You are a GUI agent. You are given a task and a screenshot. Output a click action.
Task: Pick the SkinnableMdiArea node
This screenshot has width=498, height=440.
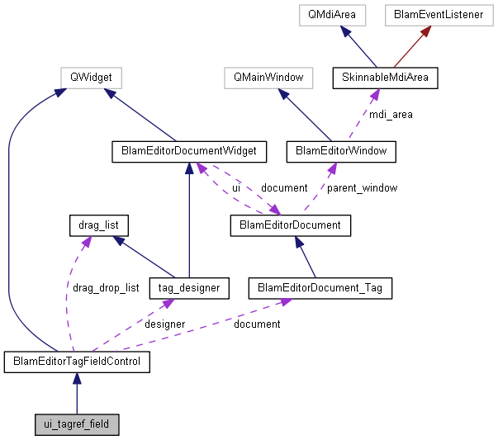pos(385,78)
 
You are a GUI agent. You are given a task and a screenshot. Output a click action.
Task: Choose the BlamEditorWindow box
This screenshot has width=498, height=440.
pos(340,151)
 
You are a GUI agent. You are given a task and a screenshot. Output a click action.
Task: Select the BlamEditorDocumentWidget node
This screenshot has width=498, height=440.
pos(189,151)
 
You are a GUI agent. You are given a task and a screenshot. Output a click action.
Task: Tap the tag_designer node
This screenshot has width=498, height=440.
pos(189,287)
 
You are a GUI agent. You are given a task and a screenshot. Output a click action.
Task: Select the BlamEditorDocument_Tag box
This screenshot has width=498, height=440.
pos(320,287)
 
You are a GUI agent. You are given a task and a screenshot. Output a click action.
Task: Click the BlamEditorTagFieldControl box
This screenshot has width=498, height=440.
pos(76,362)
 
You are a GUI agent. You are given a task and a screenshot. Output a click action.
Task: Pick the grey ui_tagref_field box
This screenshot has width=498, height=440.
pos(76,424)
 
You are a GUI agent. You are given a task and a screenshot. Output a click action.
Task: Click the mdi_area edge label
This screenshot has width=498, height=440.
pos(390,115)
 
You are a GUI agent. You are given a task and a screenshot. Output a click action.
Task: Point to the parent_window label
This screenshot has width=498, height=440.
pos(362,187)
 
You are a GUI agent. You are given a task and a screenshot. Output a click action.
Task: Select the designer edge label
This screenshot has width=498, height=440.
pos(164,324)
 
